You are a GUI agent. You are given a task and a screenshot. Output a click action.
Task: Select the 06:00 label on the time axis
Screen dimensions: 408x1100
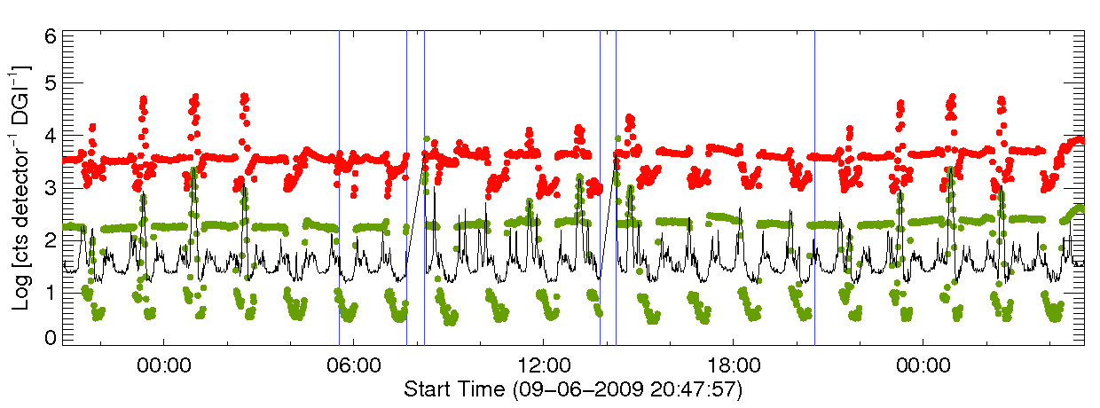(x=353, y=365)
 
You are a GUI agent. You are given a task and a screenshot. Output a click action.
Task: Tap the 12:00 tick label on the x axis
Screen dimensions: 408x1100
(x=543, y=365)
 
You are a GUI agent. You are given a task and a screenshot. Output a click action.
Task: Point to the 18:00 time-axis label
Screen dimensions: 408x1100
(x=733, y=365)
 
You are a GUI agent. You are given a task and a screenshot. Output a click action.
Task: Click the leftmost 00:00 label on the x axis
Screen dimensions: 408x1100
(x=163, y=365)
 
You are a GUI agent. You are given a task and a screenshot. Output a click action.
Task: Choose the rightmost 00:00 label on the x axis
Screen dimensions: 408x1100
(x=923, y=365)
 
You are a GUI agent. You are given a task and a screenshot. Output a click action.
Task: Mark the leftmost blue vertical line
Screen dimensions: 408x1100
(x=340, y=186)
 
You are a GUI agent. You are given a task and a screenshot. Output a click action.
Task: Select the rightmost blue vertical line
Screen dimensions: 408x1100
(x=814, y=186)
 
